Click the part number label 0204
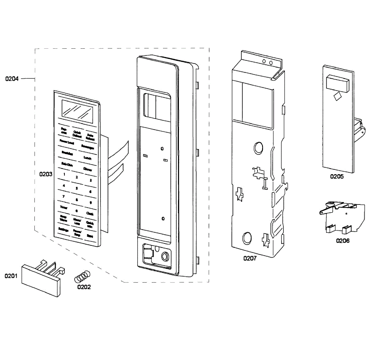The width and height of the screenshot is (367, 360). [x=12, y=79]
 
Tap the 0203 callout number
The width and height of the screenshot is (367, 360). [x=46, y=174]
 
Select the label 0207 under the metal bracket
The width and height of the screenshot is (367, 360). [x=250, y=258]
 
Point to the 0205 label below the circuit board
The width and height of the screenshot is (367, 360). [x=337, y=176]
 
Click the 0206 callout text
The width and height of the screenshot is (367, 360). [x=343, y=241]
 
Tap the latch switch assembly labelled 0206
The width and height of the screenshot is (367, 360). [x=343, y=217]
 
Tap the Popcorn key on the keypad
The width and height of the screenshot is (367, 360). [x=64, y=131]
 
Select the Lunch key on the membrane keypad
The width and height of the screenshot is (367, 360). [x=87, y=158]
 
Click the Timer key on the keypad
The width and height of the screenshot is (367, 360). [x=64, y=207]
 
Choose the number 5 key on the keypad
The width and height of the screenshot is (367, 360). [x=77, y=188]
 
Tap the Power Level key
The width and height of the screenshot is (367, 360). [x=67, y=142]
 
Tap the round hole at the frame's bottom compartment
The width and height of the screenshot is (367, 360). [x=165, y=256]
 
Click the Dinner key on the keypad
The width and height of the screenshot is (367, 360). [x=88, y=169]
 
